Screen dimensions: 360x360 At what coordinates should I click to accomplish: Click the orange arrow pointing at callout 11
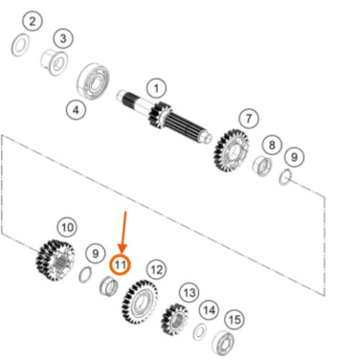(124, 232)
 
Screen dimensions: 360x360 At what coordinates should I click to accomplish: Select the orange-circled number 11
(120, 265)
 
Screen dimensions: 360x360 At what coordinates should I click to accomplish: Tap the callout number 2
(32, 22)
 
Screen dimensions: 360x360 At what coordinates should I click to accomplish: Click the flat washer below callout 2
(20, 45)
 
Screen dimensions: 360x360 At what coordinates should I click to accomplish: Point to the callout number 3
(63, 38)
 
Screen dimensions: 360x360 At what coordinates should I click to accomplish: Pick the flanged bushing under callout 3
(54, 63)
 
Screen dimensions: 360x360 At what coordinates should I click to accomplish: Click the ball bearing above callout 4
(93, 81)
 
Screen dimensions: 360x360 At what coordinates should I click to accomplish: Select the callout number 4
(76, 110)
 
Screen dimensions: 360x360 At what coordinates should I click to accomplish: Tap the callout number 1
(156, 88)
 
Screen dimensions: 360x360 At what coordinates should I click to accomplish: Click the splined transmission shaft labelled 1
(164, 117)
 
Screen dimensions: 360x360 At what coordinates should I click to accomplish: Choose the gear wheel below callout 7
(231, 151)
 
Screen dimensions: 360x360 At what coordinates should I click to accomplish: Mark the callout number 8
(272, 145)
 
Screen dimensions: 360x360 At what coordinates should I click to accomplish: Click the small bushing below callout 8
(262, 166)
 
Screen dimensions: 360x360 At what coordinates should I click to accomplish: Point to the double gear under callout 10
(55, 260)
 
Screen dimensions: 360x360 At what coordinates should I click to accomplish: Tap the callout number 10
(68, 227)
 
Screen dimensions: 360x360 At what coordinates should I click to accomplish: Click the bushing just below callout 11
(109, 286)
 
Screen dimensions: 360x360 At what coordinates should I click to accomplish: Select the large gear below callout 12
(140, 302)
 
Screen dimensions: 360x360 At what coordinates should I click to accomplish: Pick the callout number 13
(189, 292)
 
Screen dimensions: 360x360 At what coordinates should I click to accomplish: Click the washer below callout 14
(199, 332)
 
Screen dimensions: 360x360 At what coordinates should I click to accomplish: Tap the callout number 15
(235, 320)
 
